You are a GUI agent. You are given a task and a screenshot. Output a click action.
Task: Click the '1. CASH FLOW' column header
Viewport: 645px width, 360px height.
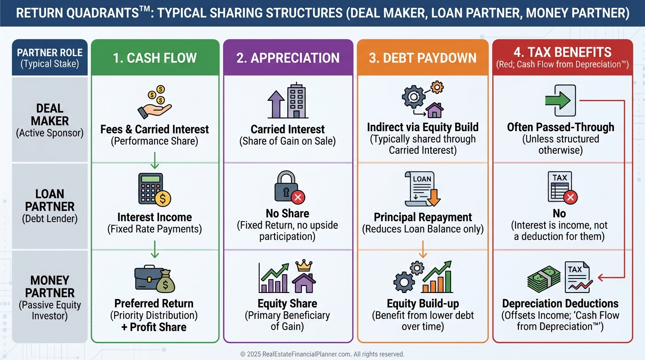(x=155, y=58)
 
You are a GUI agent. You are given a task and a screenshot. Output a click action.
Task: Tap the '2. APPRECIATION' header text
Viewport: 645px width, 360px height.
(x=288, y=58)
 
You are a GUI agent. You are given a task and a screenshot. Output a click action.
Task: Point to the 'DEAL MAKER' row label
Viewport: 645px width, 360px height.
(x=50, y=115)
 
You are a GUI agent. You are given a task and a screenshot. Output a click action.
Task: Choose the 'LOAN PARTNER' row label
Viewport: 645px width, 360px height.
(x=50, y=200)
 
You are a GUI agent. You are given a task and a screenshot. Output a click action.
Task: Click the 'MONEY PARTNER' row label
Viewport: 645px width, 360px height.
(x=50, y=286)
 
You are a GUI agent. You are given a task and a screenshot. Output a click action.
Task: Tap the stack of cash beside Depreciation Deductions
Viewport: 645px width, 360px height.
(x=544, y=281)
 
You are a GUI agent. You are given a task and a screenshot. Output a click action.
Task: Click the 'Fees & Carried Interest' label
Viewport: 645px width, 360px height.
(x=155, y=129)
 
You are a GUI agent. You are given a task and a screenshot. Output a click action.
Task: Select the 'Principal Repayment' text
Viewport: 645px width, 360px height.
(x=423, y=217)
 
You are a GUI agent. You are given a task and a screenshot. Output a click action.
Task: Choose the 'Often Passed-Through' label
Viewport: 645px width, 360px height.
(x=561, y=127)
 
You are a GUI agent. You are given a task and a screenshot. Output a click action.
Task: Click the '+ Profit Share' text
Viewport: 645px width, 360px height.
(x=154, y=327)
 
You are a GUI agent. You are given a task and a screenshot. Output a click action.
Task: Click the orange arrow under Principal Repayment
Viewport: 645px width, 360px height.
(x=422, y=249)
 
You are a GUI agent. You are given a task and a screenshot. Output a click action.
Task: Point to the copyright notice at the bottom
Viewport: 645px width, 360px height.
(x=322, y=354)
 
